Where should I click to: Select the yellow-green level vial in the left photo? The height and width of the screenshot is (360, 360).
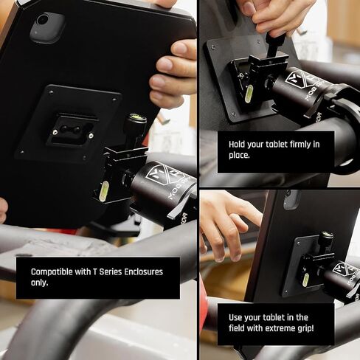tap(104, 190)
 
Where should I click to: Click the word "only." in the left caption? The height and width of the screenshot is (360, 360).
tap(41, 283)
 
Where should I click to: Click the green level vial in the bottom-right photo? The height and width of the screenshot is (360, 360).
tap(305, 279)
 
